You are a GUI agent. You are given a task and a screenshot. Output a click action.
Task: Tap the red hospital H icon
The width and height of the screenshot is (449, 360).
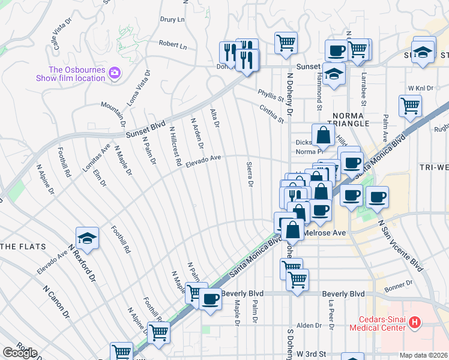(414, 323)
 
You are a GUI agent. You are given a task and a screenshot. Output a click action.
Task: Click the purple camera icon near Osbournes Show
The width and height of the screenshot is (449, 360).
(114, 74)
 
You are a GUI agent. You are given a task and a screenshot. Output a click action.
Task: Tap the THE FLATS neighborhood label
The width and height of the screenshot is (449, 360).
(20, 247)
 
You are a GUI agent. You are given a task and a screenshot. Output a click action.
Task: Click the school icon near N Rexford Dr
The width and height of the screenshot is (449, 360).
(87, 238)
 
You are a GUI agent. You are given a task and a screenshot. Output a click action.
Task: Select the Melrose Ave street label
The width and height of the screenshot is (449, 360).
(327, 232)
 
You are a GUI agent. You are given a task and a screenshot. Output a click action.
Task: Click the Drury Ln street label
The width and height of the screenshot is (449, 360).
(172, 19)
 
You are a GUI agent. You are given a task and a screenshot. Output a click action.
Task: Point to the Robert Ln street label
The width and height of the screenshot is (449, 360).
(173, 45)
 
